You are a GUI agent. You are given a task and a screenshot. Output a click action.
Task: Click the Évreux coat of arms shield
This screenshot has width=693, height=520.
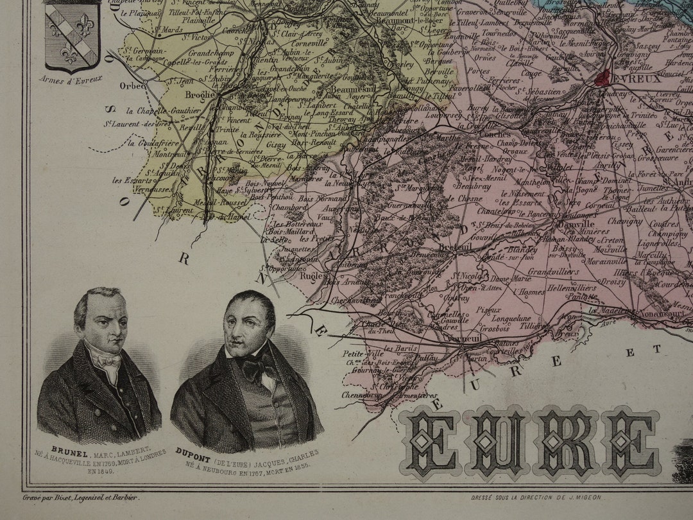(72, 37)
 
